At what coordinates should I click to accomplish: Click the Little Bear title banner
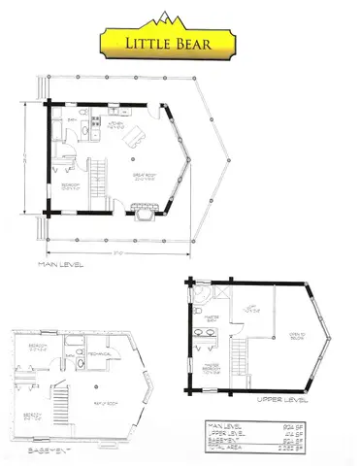click(x=180, y=42)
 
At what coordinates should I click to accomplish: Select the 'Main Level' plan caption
click(x=60, y=263)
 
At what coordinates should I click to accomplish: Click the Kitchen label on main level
click(x=115, y=126)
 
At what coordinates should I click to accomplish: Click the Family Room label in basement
click(x=101, y=398)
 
